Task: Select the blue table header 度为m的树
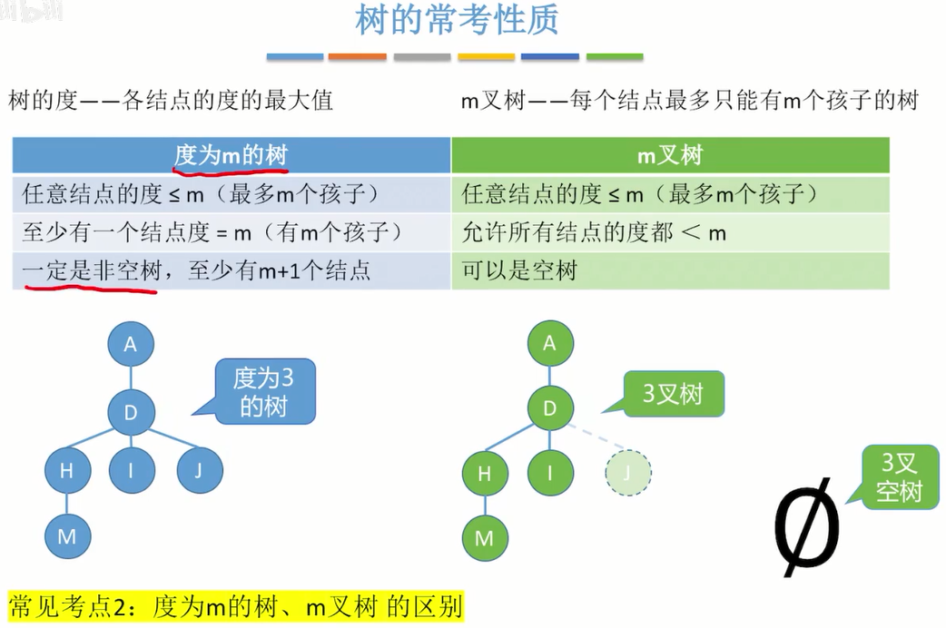[x=232, y=155]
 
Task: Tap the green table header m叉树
[x=669, y=155]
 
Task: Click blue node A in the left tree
[x=131, y=344]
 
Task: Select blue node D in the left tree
[x=131, y=413]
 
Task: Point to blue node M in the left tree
[x=67, y=535]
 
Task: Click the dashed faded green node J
[x=628, y=472]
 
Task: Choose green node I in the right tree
[x=549, y=472]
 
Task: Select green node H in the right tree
[x=484, y=472]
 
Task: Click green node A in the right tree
[x=549, y=343]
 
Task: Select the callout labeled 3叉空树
[x=899, y=477]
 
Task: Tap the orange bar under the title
[x=357, y=57]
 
